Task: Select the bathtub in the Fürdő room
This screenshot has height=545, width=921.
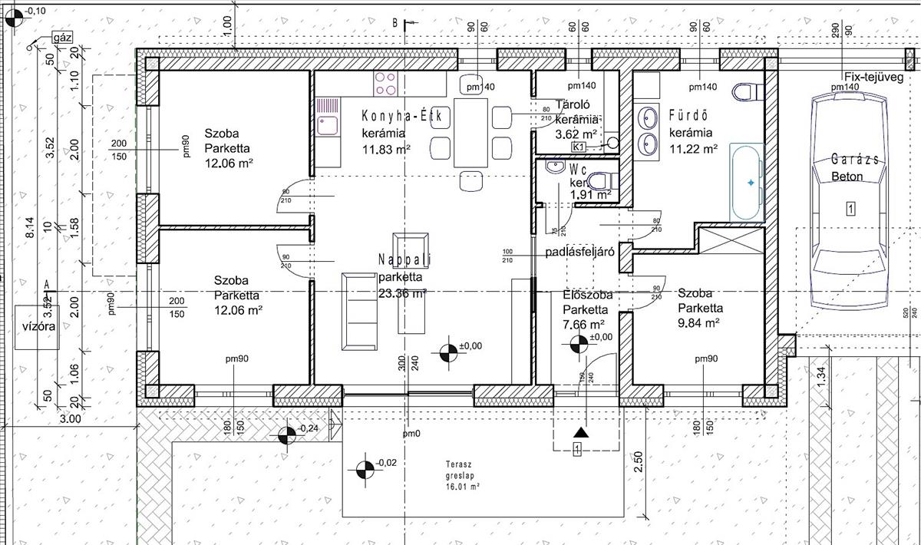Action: tap(746, 182)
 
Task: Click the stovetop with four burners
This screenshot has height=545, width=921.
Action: tap(387, 83)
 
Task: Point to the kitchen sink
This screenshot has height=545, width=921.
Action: tap(328, 124)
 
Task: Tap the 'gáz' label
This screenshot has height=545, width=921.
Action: tap(61, 37)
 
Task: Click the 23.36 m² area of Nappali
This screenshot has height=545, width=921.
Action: tap(401, 292)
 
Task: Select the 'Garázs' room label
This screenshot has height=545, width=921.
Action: tap(852, 160)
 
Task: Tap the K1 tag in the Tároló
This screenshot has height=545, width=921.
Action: tap(579, 147)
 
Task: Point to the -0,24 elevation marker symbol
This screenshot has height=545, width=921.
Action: tap(287, 435)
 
